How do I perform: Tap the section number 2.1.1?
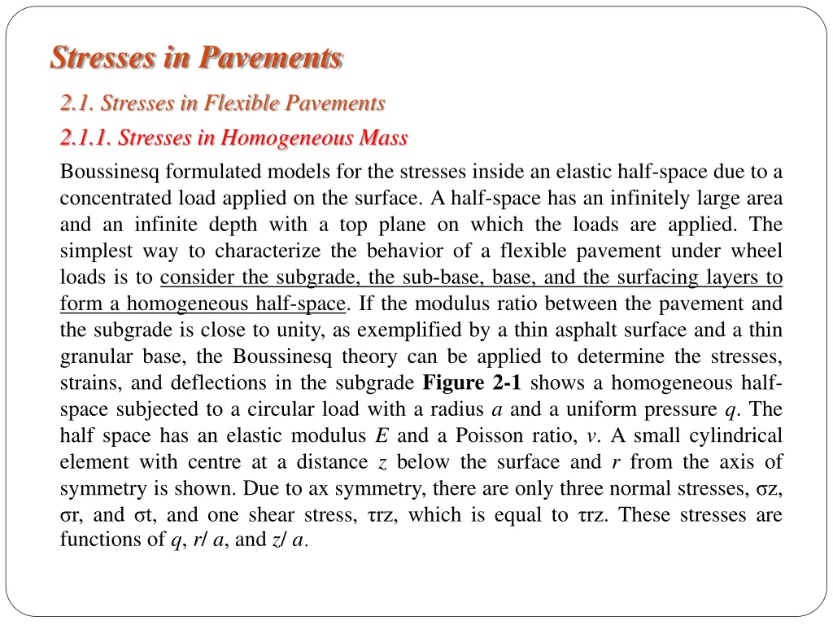(85, 138)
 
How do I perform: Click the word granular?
(94, 357)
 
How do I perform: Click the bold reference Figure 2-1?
(473, 383)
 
